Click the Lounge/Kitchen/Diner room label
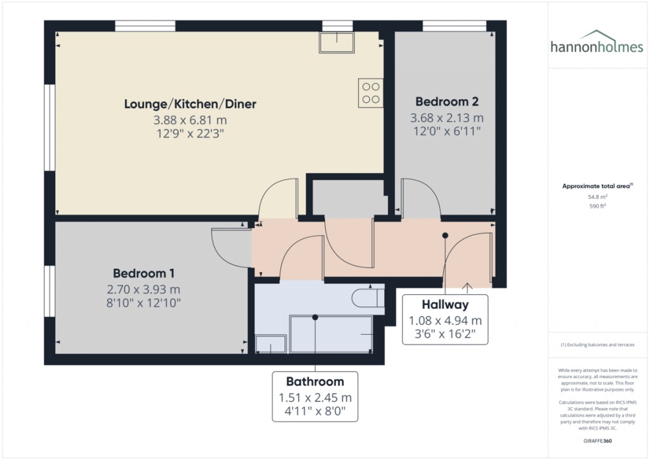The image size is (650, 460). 190,104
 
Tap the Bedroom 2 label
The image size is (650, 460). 447,102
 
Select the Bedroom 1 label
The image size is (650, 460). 143,273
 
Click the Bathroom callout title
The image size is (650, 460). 315,382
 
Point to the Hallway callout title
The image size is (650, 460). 445,305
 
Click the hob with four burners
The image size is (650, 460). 371,93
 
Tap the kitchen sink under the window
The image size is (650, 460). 336,43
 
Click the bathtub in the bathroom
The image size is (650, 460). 331,334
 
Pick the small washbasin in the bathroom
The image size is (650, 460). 270,344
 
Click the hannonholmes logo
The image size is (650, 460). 597,43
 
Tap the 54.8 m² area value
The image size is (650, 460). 597,197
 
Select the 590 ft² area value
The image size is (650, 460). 597,206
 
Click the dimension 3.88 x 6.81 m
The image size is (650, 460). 190,120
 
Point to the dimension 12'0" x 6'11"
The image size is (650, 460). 447,132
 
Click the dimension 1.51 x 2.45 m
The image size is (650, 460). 315,398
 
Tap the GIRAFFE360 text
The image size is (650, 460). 597,441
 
